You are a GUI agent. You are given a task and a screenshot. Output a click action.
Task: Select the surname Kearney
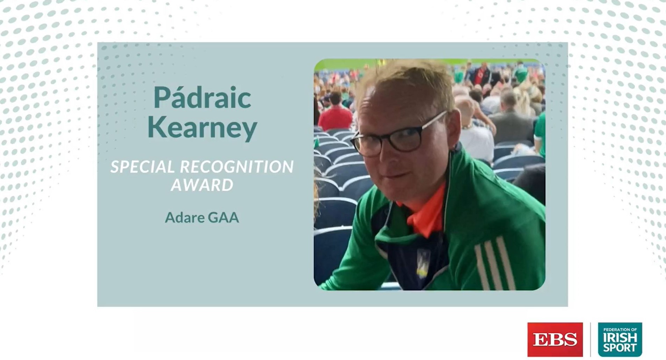tap(202, 128)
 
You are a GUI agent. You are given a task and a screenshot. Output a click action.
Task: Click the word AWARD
tap(202, 185)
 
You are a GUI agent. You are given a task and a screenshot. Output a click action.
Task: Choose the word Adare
tap(184, 218)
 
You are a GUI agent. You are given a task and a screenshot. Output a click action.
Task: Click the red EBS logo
tap(555, 339)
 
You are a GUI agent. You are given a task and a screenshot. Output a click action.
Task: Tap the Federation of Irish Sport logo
tap(620, 339)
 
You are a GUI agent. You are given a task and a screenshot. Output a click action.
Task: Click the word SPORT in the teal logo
tap(620, 348)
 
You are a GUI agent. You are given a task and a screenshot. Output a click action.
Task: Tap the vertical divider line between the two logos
tap(590, 339)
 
